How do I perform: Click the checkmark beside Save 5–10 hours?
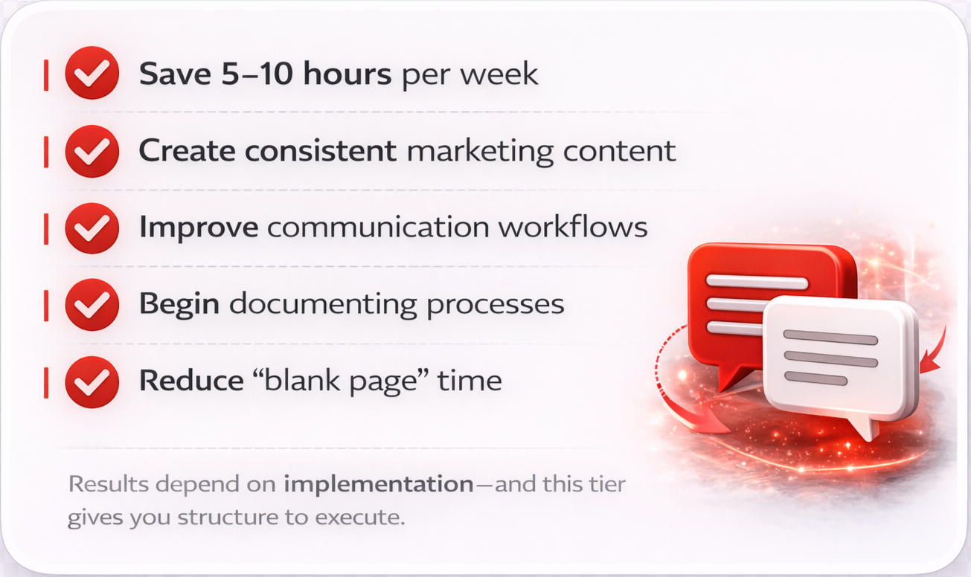point(92,73)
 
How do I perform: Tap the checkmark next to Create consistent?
point(92,150)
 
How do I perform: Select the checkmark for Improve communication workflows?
point(92,227)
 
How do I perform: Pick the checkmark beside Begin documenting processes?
point(92,304)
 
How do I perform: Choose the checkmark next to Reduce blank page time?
point(92,381)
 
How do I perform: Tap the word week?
point(505,74)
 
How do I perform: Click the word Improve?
point(199,228)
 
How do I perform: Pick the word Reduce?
point(191,381)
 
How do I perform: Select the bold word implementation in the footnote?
point(378,485)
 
